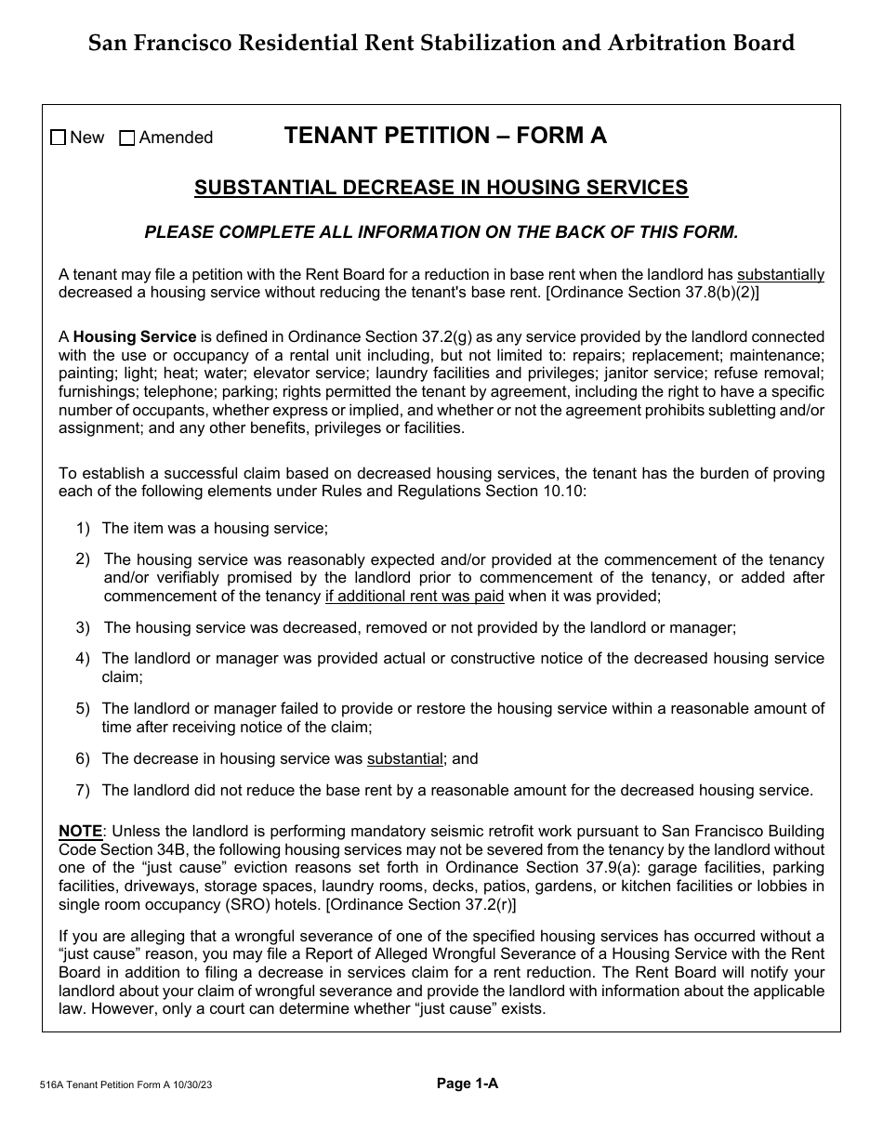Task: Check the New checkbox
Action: (59, 138)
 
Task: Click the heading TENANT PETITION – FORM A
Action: (445, 136)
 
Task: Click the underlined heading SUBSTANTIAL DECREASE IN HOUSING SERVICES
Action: (441, 188)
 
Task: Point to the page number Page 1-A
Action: (468, 1083)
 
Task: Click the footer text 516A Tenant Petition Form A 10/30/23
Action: (130, 1084)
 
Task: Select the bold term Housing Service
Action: (135, 337)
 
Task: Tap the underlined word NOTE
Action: (80, 831)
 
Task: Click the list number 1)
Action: (83, 528)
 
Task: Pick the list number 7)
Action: (83, 790)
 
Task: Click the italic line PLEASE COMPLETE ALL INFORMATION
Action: (441, 232)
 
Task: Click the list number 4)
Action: (83, 658)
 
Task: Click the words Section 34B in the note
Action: (136, 849)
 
